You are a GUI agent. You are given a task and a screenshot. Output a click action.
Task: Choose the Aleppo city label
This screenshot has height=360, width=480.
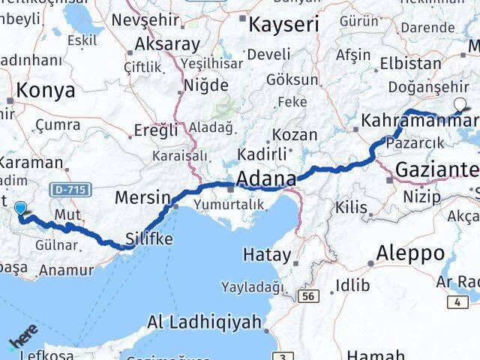[410, 252]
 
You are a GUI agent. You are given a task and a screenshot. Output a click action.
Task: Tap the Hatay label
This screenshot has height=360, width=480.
[266, 254]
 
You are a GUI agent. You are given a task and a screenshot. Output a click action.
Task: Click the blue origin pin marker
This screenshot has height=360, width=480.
[20, 211]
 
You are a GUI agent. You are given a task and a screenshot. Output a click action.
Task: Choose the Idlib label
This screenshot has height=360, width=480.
[352, 285]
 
